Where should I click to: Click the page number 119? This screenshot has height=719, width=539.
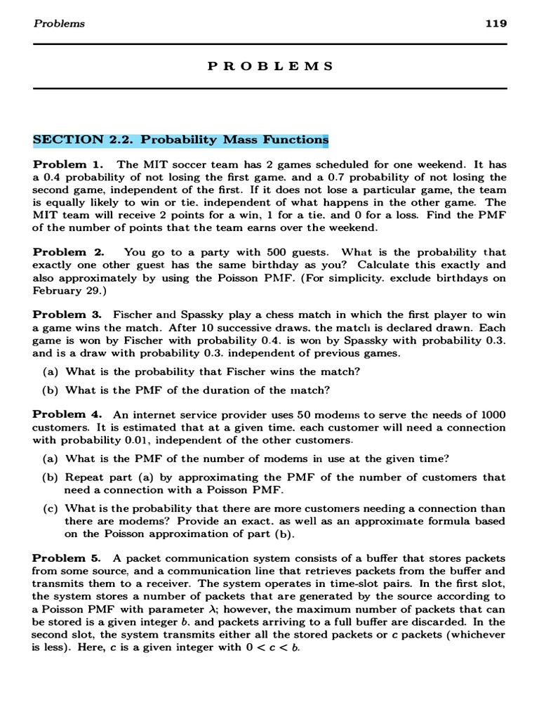coord(495,23)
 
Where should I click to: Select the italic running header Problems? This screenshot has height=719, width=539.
coord(59,23)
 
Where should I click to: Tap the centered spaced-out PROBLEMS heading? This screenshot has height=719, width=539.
coord(270,66)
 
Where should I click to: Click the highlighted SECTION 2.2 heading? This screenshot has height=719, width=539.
coord(180,139)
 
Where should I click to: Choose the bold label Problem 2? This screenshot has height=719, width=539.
coord(68,252)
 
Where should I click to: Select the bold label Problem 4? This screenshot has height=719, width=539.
coord(68,414)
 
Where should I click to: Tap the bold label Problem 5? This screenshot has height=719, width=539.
coord(68,558)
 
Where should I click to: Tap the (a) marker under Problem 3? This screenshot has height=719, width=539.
coord(50,371)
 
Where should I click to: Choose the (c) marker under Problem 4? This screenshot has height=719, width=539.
coord(50,508)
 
